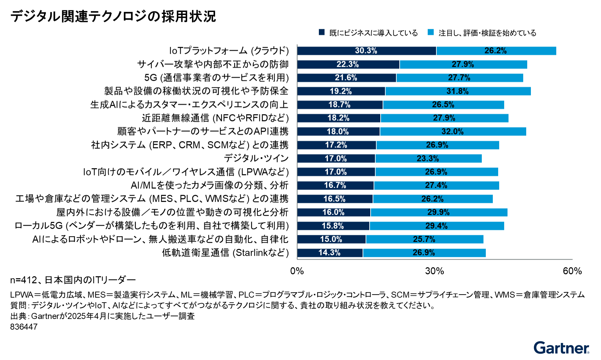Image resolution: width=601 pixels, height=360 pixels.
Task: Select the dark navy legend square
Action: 322,32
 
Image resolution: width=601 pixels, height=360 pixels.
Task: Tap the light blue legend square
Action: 431,32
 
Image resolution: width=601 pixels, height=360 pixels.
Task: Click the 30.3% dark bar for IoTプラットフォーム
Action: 366,51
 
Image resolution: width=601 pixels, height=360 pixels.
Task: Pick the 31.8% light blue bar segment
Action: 458,91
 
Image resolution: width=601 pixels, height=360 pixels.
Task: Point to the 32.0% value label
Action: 452,131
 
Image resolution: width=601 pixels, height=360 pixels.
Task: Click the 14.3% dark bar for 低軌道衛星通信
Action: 330,253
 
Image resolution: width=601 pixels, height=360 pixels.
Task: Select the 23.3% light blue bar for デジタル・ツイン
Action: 428,158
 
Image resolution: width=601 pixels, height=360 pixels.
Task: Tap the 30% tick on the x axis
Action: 434,271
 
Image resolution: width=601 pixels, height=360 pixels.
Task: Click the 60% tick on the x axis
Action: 572,271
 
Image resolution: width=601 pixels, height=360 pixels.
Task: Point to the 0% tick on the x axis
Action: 297,271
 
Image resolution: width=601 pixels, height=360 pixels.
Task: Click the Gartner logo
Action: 561,348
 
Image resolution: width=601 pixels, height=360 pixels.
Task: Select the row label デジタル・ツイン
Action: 256,158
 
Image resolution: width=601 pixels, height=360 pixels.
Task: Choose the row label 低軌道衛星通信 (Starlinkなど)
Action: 225,253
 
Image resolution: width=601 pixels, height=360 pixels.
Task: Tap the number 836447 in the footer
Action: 24,327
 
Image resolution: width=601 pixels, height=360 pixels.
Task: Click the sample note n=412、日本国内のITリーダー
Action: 73,280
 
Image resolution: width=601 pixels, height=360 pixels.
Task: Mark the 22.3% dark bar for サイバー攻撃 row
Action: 348,64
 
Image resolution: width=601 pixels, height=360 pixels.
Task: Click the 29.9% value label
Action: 438,212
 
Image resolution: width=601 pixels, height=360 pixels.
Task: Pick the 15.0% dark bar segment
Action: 331,239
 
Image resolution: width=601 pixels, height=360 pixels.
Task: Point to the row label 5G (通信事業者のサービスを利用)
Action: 216,78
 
